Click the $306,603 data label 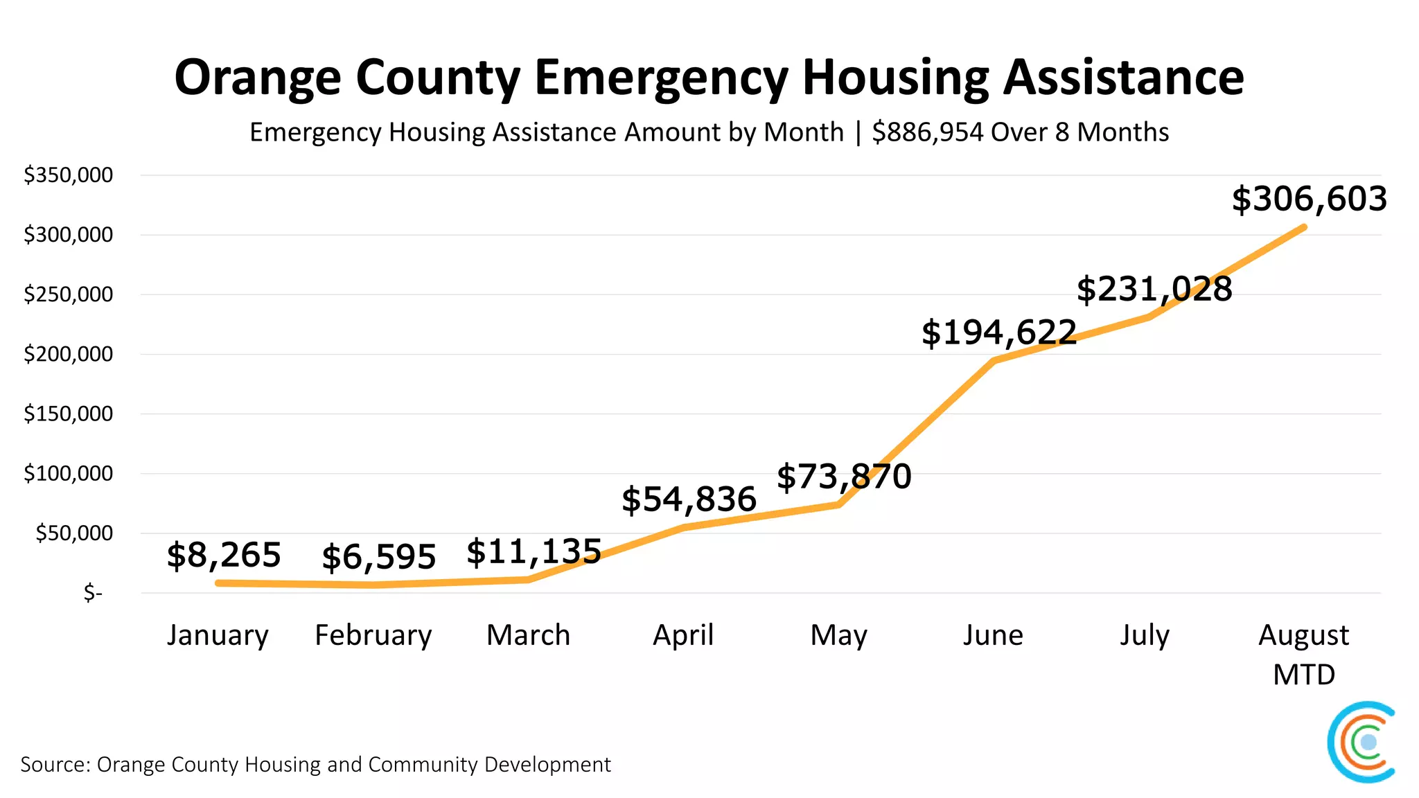point(1309,199)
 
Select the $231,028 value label point(1154,289)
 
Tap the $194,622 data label point(999,332)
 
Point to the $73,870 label point(844,477)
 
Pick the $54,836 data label point(689,499)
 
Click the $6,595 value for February point(379,557)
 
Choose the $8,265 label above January point(224,555)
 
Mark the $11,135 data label point(534,552)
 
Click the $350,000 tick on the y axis point(68,175)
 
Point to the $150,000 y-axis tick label point(68,414)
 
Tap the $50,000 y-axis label point(74,533)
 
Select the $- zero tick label point(93,593)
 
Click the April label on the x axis point(683,635)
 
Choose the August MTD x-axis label point(1303,654)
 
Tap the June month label point(992,635)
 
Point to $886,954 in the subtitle point(927,132)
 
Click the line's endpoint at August point(1304,227)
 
